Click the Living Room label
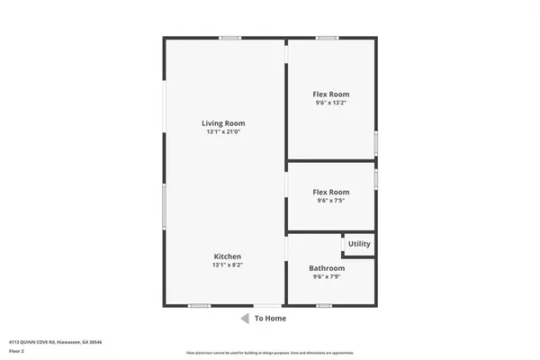pos(223,123)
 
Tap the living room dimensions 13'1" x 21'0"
pos(223,132)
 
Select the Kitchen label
pos(227,256)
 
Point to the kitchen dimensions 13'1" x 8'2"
pos(227,265)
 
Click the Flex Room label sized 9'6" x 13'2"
pos(331,94)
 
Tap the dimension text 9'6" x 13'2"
pos(331,103)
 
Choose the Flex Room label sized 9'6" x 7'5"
pos(331,192)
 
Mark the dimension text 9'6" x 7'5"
pos(331,201)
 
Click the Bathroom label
pos(327,268)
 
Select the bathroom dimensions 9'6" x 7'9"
pos(327,277)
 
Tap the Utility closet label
pos(359,244)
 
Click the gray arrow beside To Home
pos(244,319)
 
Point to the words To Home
pos(270,319)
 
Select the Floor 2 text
pos(17,352)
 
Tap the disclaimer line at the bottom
pos(270,352)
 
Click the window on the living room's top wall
pos(230,38)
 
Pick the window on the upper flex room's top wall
pos(327,38)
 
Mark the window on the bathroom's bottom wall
pos(322,306)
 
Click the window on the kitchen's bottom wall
pos(200,306)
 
